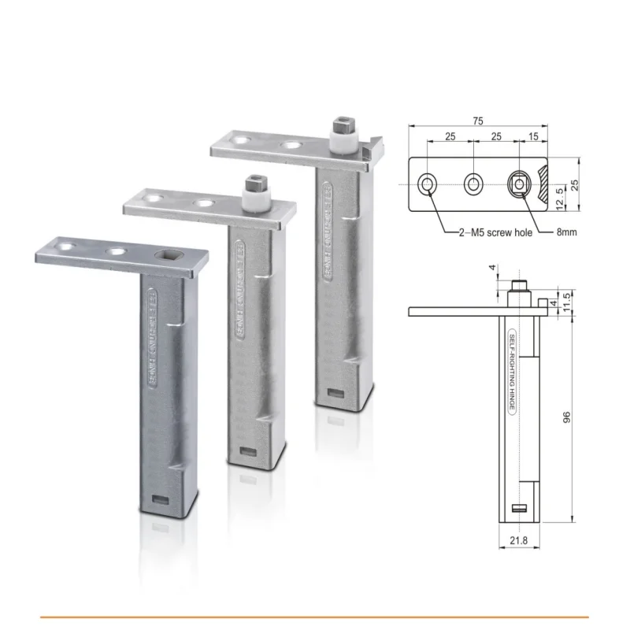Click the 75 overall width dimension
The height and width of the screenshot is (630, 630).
(479, 120)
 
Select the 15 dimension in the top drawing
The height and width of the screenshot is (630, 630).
(534, 137)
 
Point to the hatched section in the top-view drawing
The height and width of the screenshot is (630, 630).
(543, 184)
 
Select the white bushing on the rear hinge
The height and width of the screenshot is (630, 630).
(341, 143)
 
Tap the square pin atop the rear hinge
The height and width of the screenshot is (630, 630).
(341, 125)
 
